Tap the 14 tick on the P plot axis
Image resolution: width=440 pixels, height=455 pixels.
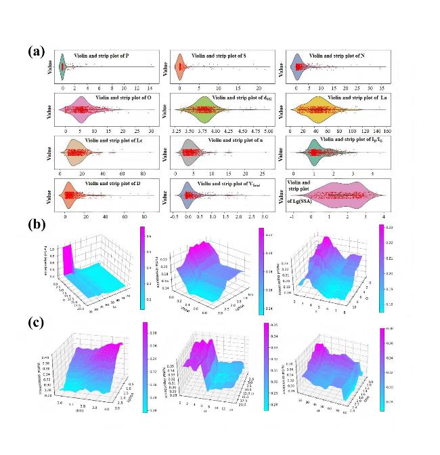click(x=149, y=88)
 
